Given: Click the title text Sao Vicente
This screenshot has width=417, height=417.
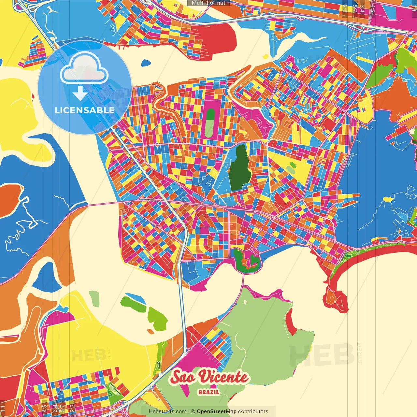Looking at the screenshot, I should point(209,377).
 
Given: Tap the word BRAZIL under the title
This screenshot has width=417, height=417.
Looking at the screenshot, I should point(209,392).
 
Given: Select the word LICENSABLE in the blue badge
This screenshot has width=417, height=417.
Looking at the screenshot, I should point(85,110).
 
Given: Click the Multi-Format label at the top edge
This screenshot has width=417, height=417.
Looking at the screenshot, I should point(208,3).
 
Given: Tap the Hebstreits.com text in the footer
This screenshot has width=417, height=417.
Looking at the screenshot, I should point(167,411).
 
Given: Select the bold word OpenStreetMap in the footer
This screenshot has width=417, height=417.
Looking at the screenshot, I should point(217,411).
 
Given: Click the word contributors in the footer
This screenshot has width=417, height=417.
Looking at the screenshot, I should point(253,411).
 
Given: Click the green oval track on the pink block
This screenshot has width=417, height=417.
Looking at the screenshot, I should point(210,123).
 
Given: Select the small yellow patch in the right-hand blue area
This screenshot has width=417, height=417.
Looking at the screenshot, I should point(388,199).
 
